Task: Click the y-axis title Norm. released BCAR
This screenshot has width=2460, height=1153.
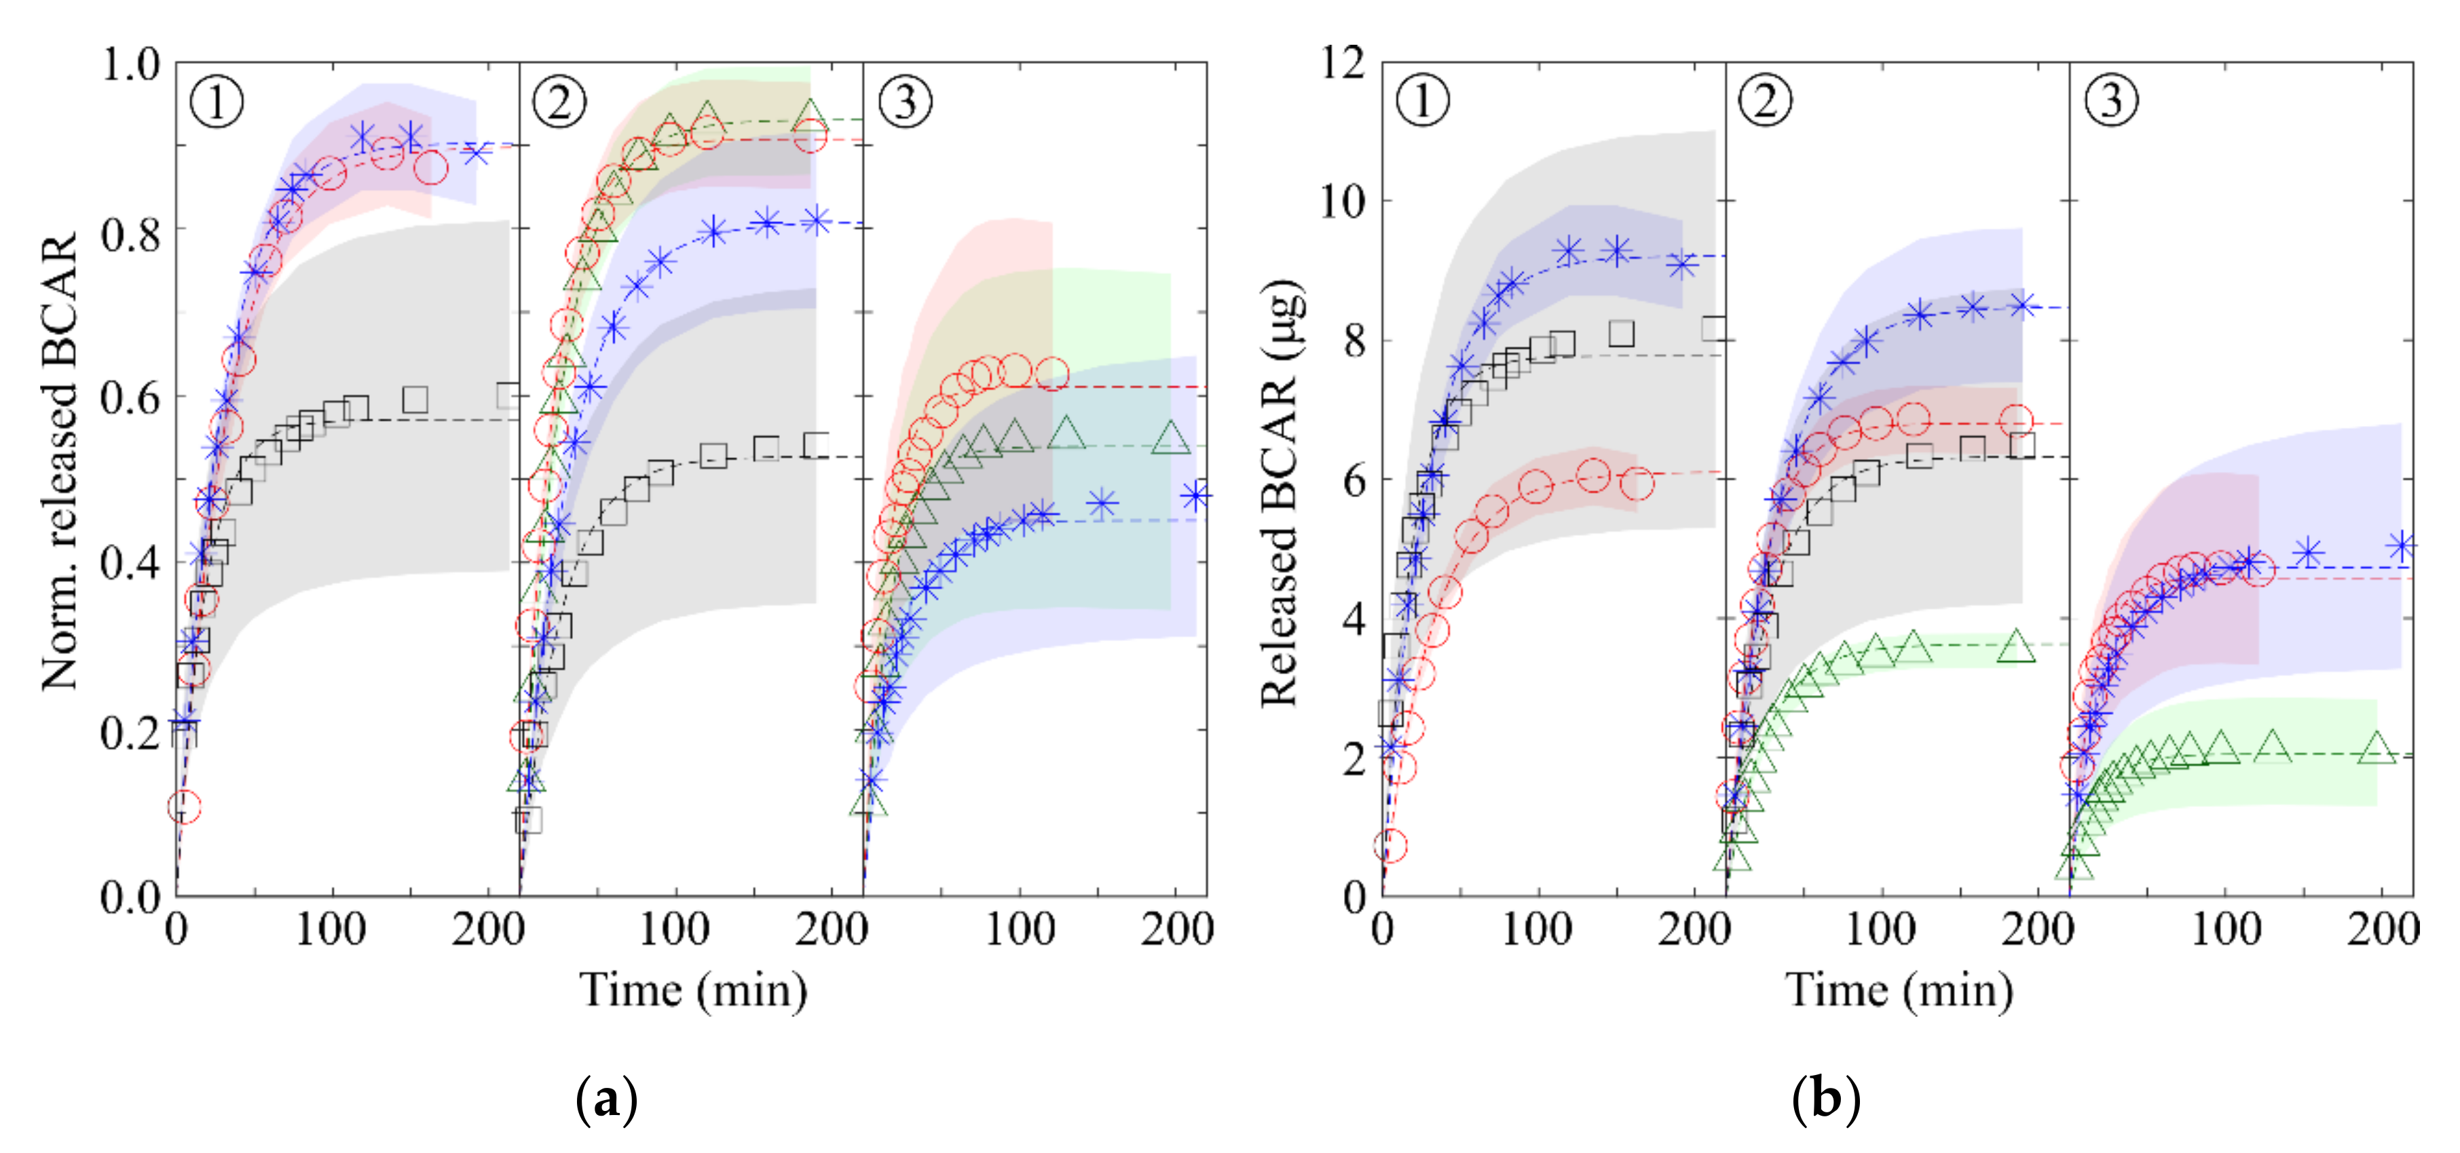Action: coord(59,463)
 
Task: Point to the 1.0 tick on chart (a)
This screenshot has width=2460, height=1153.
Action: coord(131,65)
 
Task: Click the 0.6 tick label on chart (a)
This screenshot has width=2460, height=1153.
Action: coord(131,397)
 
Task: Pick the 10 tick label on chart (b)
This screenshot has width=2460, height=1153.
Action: coord(1343,201)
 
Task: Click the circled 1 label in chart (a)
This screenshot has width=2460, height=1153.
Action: coord(217,101)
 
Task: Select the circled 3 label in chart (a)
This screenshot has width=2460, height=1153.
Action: coord(904,101)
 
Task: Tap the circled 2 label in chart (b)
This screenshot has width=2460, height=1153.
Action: coord(1766,99)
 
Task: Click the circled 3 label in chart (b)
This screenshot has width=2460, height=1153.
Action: coord(2112,99)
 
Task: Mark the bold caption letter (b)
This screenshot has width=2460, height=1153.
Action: coord(1825,1099)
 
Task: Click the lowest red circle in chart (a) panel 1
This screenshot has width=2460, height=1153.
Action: coord(185,808)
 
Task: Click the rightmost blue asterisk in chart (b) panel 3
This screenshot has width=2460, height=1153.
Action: coord(2401,547)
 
